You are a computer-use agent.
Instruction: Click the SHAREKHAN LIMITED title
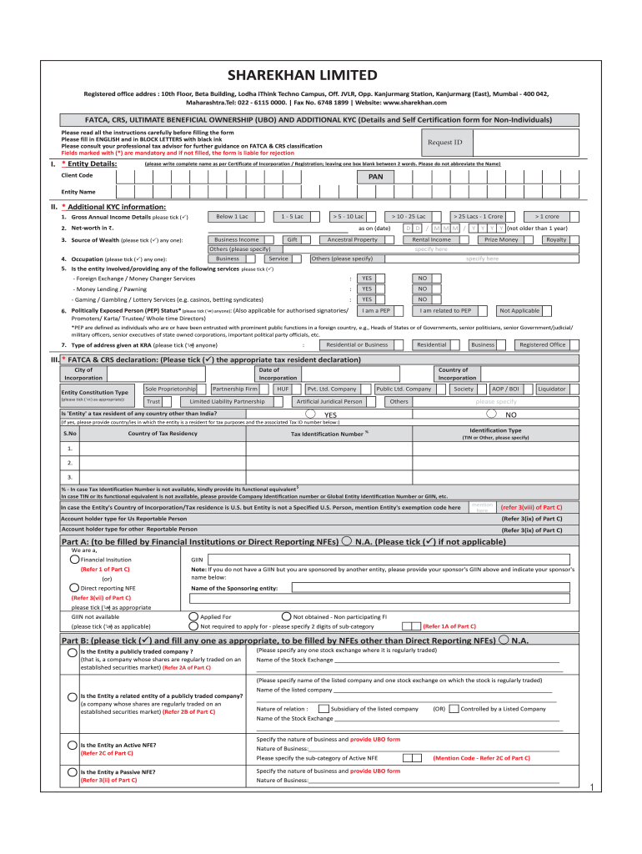tap(321, 75)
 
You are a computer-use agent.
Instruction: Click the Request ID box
tap(444, 143)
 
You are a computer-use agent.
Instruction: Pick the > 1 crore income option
tap(547, 216)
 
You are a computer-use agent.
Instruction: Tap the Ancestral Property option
tap(353, 239)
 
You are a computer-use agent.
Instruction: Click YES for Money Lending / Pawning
tap(366, 289)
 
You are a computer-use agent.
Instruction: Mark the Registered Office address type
tap(542, 344)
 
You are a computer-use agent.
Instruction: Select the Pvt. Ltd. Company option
tap(332, 389)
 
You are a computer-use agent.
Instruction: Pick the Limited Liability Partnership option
tap(228, 401)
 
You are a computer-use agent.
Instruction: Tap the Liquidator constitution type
tap(552, 389)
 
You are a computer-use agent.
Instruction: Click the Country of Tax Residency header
tap(162, 433)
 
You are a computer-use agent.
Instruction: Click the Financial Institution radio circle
tap(75, 559)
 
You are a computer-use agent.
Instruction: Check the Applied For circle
tap(194, 616)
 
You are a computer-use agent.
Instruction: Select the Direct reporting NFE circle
tap(75, 588)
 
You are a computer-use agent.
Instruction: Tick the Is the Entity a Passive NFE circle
tap(72, 772)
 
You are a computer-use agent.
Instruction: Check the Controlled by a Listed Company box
tap(454, 708)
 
